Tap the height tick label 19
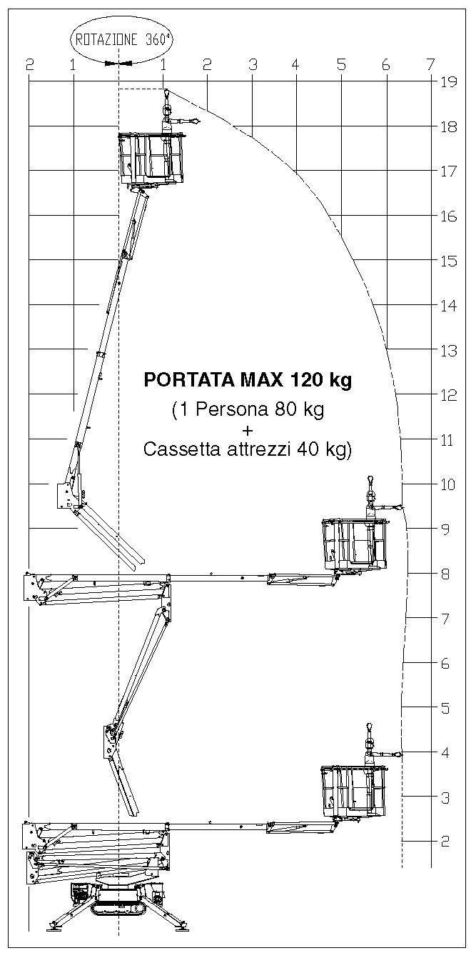click(x=449, y=81)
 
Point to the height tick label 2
click(x=445, y=842)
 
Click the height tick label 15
click(x=449, y=261)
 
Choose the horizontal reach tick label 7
click(x=430, y=65)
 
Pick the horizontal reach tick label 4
click(x=295, y=65)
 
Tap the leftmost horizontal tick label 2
click(x=29, y=65)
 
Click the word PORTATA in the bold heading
click(x=190, y=379)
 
